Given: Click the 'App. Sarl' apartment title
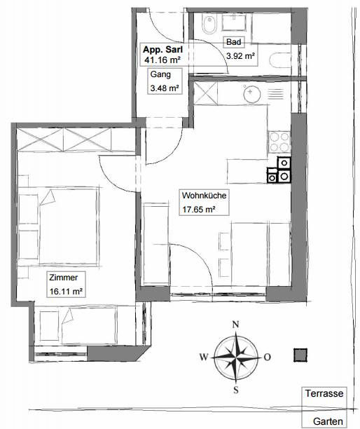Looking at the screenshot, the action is coord(162,50).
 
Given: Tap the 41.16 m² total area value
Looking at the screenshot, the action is coord(162,60).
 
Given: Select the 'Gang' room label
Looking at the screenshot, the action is coord(160,74).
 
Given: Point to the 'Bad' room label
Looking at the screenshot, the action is coord(234,42).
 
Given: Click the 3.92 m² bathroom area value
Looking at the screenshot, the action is coord(240,56).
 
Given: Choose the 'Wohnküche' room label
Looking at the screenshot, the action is coord(205,196).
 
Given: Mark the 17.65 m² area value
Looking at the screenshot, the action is coord(199,210).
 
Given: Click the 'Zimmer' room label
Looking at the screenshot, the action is coord(64,278).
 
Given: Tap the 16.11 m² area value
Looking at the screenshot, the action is coord(66,292).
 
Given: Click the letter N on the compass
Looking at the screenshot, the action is coord(235,325).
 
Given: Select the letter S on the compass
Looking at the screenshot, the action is coord(236,390).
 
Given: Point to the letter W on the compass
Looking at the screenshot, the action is coord(204,357).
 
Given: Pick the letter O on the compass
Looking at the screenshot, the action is coord(268,357).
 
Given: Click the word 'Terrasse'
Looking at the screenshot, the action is coord(324,393).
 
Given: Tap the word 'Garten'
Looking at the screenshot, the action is coord(328,421).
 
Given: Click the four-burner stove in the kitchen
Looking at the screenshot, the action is coord(279,142).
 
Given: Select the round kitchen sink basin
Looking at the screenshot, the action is coord(251,94).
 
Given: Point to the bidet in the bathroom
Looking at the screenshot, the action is coord(209,24).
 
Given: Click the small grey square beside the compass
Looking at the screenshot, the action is coord(300,355).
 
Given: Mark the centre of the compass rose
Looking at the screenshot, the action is coord(236,357).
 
